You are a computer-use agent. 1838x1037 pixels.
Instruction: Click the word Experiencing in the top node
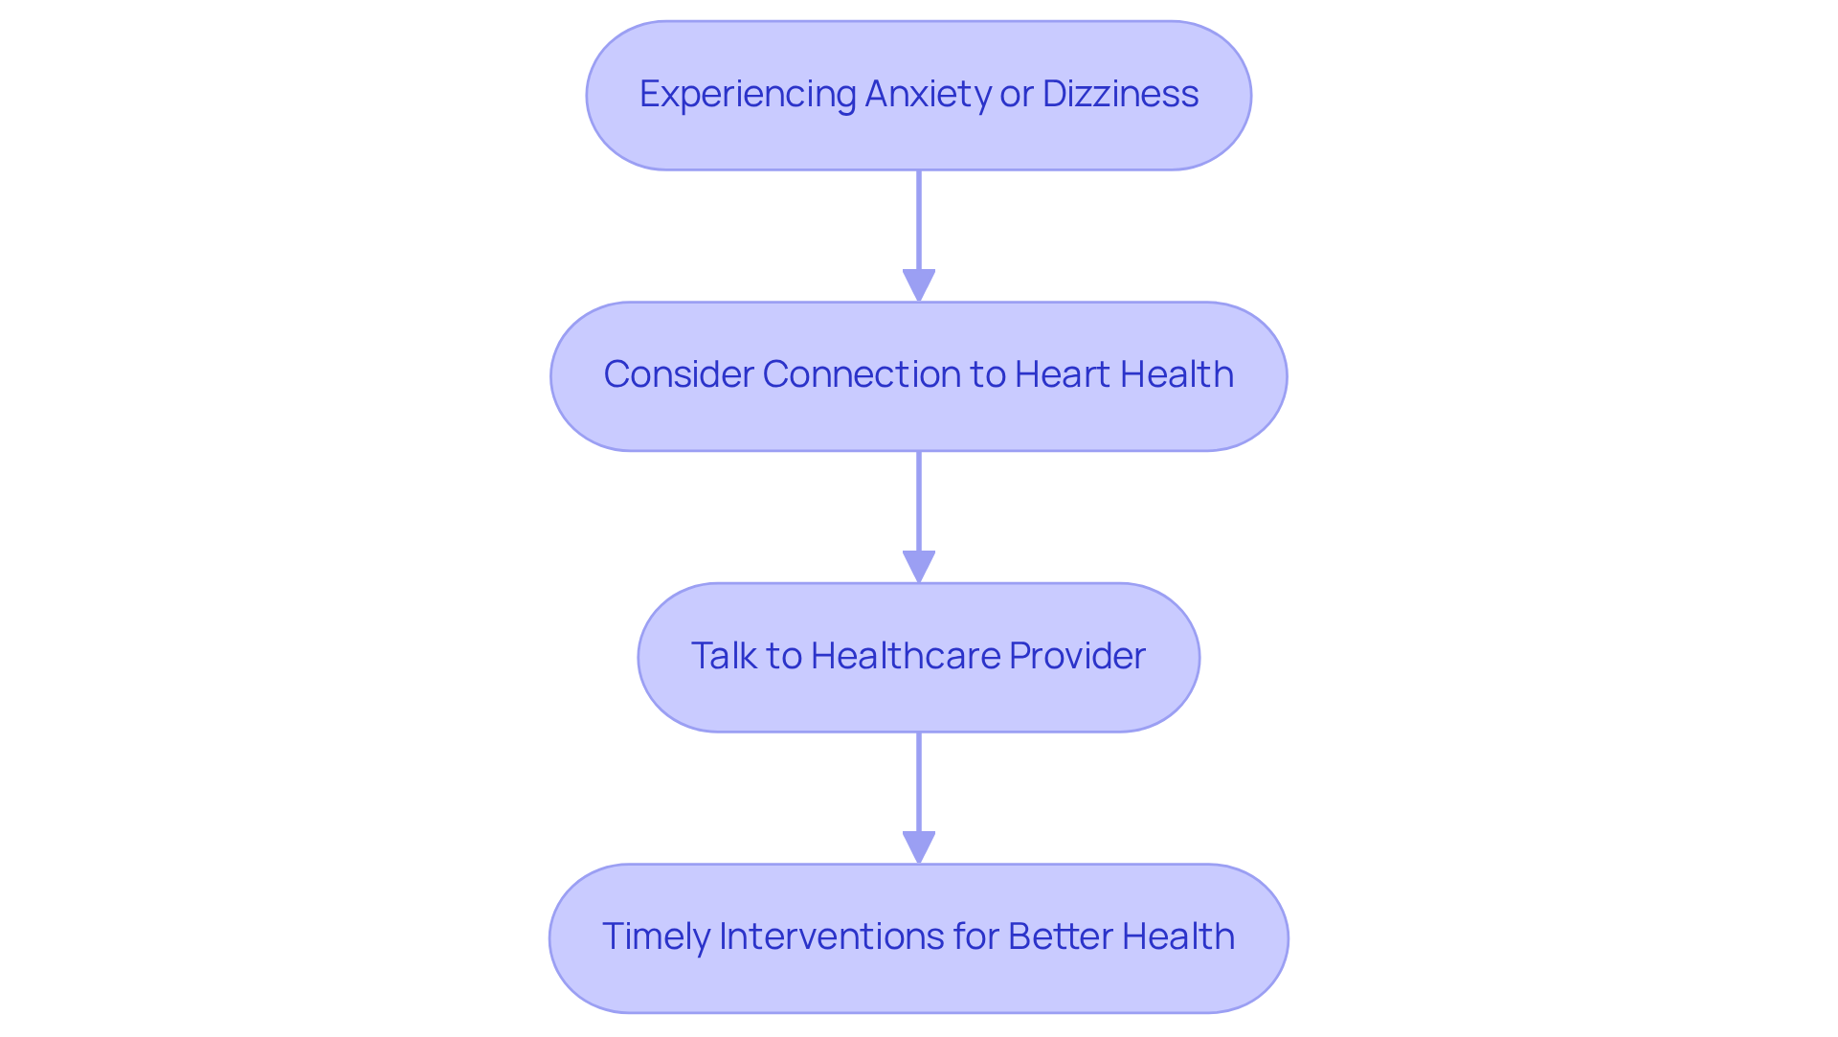(x=748, y=95)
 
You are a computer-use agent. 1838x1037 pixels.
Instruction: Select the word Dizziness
(x=1120, y=95)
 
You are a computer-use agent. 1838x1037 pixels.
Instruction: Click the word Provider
(x=1077, y=656)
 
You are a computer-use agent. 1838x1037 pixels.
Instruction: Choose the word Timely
(x=655, y=936)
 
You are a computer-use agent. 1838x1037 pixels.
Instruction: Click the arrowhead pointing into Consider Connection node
(x=919, y=285)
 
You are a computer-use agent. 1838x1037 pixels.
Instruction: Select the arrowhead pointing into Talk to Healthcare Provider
(x=919, y=566)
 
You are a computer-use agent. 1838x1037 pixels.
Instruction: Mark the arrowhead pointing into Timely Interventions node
(x=919, y=847)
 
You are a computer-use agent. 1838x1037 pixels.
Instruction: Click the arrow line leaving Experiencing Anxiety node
(x=919, y=220)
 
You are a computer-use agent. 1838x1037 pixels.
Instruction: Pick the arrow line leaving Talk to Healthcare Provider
(x=919, y=781)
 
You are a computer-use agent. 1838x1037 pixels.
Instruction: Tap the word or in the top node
(x=1017, y=95)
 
